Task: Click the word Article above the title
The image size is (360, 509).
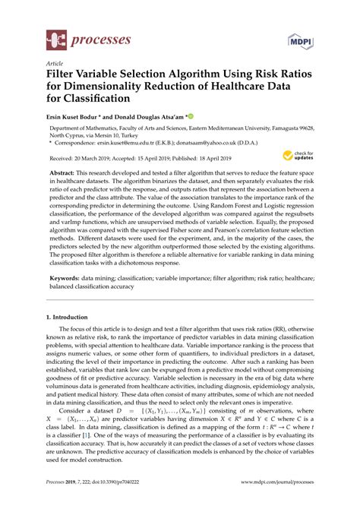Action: (55, 65)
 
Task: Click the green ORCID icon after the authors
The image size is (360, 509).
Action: (191, 117)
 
